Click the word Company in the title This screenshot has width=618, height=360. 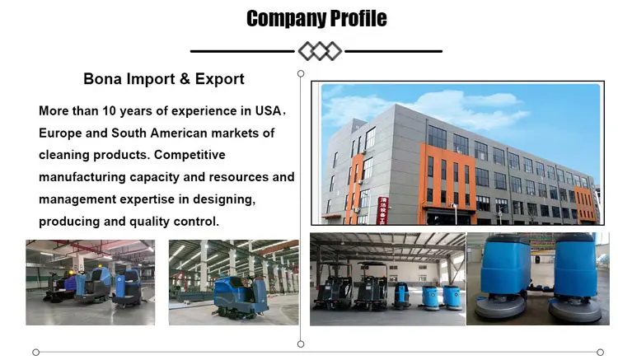(285, 18)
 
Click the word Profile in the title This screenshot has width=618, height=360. (356, 18)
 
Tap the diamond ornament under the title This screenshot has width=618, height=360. (319, 51)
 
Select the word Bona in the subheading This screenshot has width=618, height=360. (102, 79)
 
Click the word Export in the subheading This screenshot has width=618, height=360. (219, 79)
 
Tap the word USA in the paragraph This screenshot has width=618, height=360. (267, 110)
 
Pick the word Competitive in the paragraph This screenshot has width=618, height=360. (189, 155)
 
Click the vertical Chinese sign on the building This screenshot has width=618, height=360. (382, 208)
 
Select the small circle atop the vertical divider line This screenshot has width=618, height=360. (300, 72)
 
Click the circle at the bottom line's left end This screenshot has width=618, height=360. (35, 352)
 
